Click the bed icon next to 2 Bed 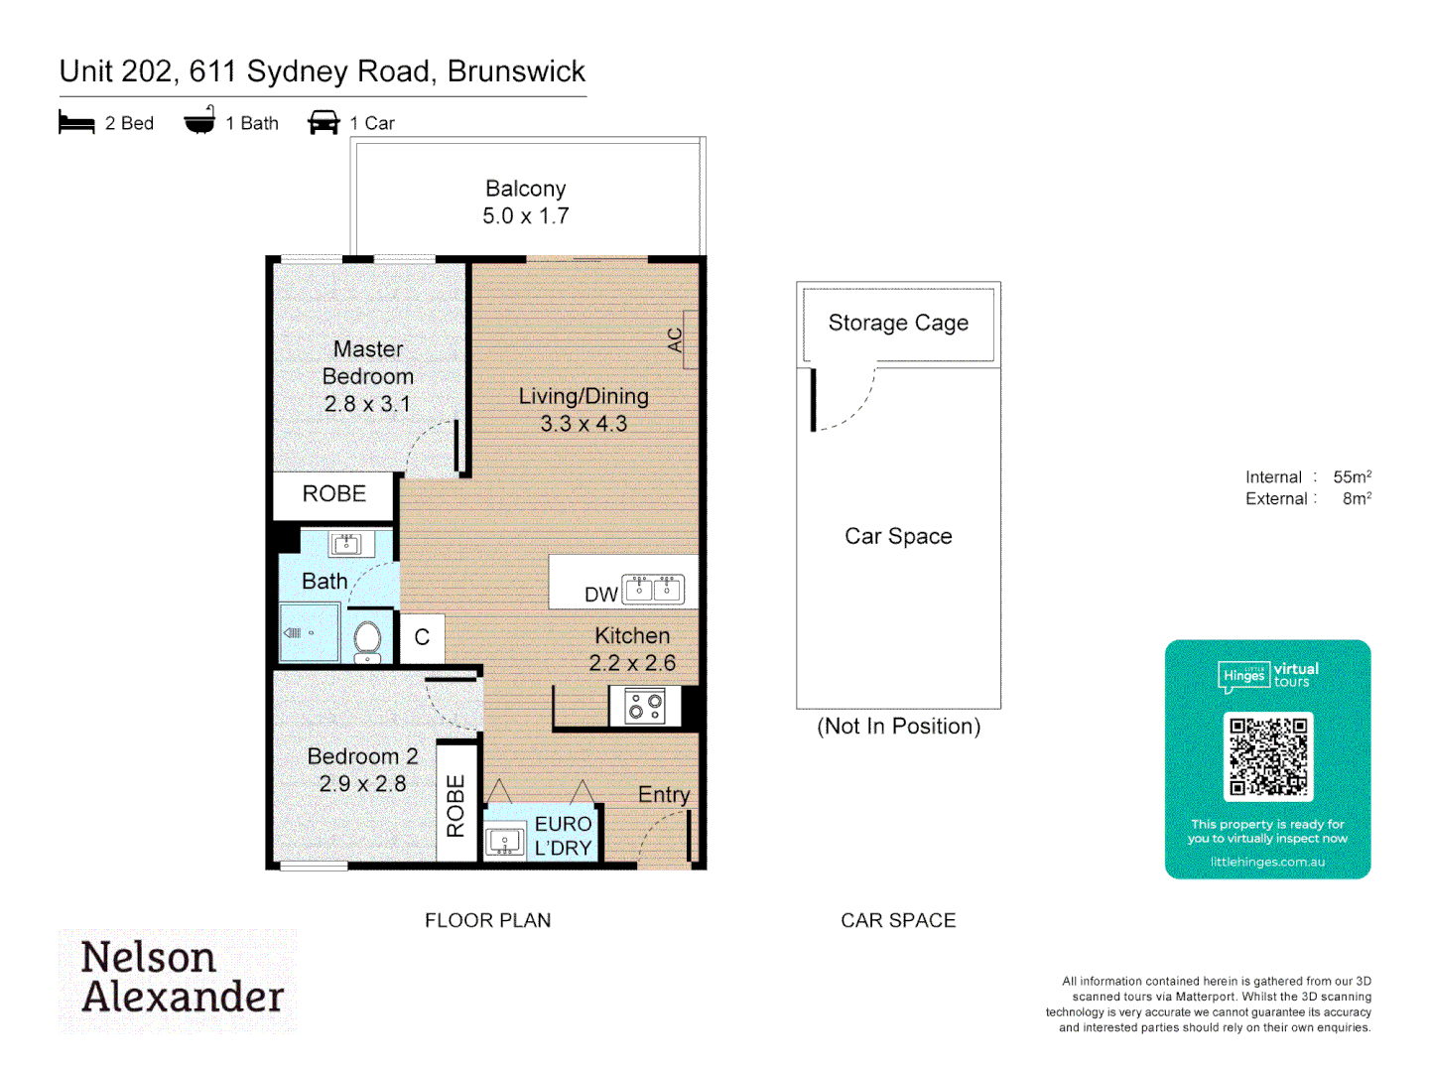(x=76, y=123)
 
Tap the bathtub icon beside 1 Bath (x=199, y=121)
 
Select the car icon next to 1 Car (x=324, y=122)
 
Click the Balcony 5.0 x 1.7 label (x=525, y=202)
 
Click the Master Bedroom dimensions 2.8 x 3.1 (x=366, y=404)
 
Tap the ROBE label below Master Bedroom (x=333, y=494)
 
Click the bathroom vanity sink (x=346, y=544)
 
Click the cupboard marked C (x=422, y=637)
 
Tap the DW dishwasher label (x=600, y=595)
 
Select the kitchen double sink (x=653, y=589)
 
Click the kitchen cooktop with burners (x=644, y=707)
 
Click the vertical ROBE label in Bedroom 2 (x=455, y=806)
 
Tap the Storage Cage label (x=898, y=324)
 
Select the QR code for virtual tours (x=1268, y=756)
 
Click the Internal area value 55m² (x=1352, y=477)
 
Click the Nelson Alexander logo (x=180, y=979)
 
